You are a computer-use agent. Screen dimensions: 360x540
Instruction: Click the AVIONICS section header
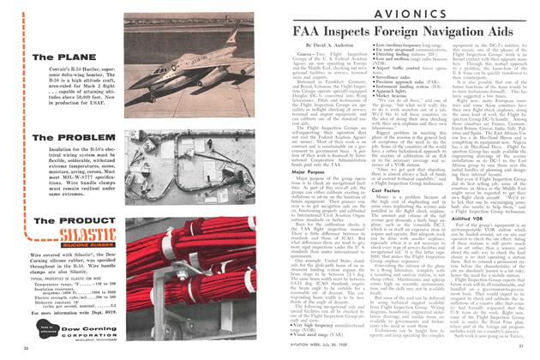point(404,16)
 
